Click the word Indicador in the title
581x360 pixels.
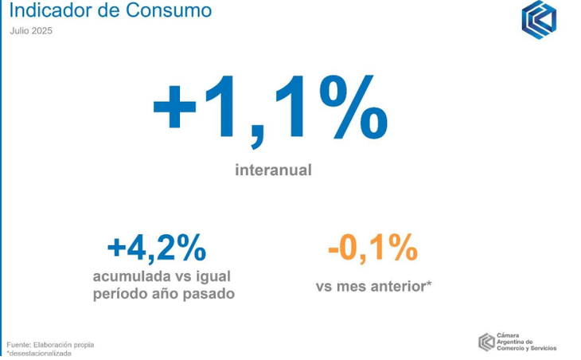click(x=51, y=10)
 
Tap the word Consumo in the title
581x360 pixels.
click(x=169, y=10)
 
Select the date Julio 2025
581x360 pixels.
click(x=31, y=31)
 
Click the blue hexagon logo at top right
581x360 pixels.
click(x=539, y=20)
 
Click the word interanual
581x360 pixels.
click(x=274, y=170)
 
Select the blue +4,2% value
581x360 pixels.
click(x=157, y=248)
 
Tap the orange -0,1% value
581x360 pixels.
click(x=372, y=248)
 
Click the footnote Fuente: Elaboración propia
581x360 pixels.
click(x=50, y=345)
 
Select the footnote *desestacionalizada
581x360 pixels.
click(x=39, y=354)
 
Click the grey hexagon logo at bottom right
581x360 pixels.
click(x=486, y=342)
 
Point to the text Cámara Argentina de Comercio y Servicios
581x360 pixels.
click(x=527, y=342)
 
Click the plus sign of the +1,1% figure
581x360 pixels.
click(x=174, y=106)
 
